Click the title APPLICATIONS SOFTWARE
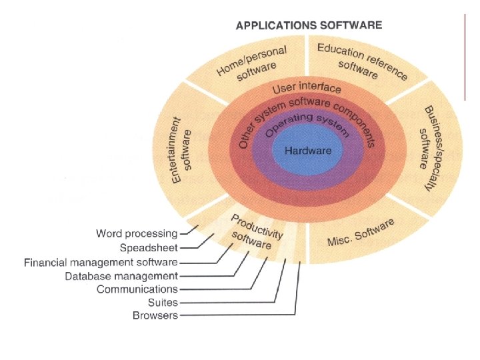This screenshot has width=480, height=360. (x=309, y=25)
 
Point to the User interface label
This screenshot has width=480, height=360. (x=307, y=88)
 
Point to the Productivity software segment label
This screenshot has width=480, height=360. (x=255, y=233)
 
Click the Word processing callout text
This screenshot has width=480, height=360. (x=137, y=233)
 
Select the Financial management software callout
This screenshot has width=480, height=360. (x=101, y=262)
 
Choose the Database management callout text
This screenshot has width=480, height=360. (x=121, y=275)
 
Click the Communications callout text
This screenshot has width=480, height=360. (x=137, y=289)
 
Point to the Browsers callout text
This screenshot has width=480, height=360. (x=155, y=315)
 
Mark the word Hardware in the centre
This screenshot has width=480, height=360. (x=308, y=151)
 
